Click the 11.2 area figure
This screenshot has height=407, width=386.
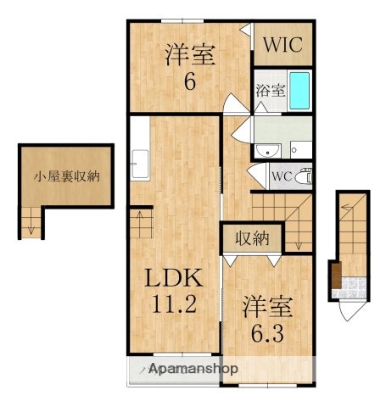point(175,304)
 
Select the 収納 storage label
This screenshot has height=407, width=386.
point(252,238)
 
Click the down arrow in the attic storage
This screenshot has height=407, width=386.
point(31,225)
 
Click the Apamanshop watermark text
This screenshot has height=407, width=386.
point(193,370)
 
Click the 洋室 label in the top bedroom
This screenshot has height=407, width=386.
point(189,56)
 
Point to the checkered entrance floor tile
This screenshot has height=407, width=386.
point(348,293)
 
